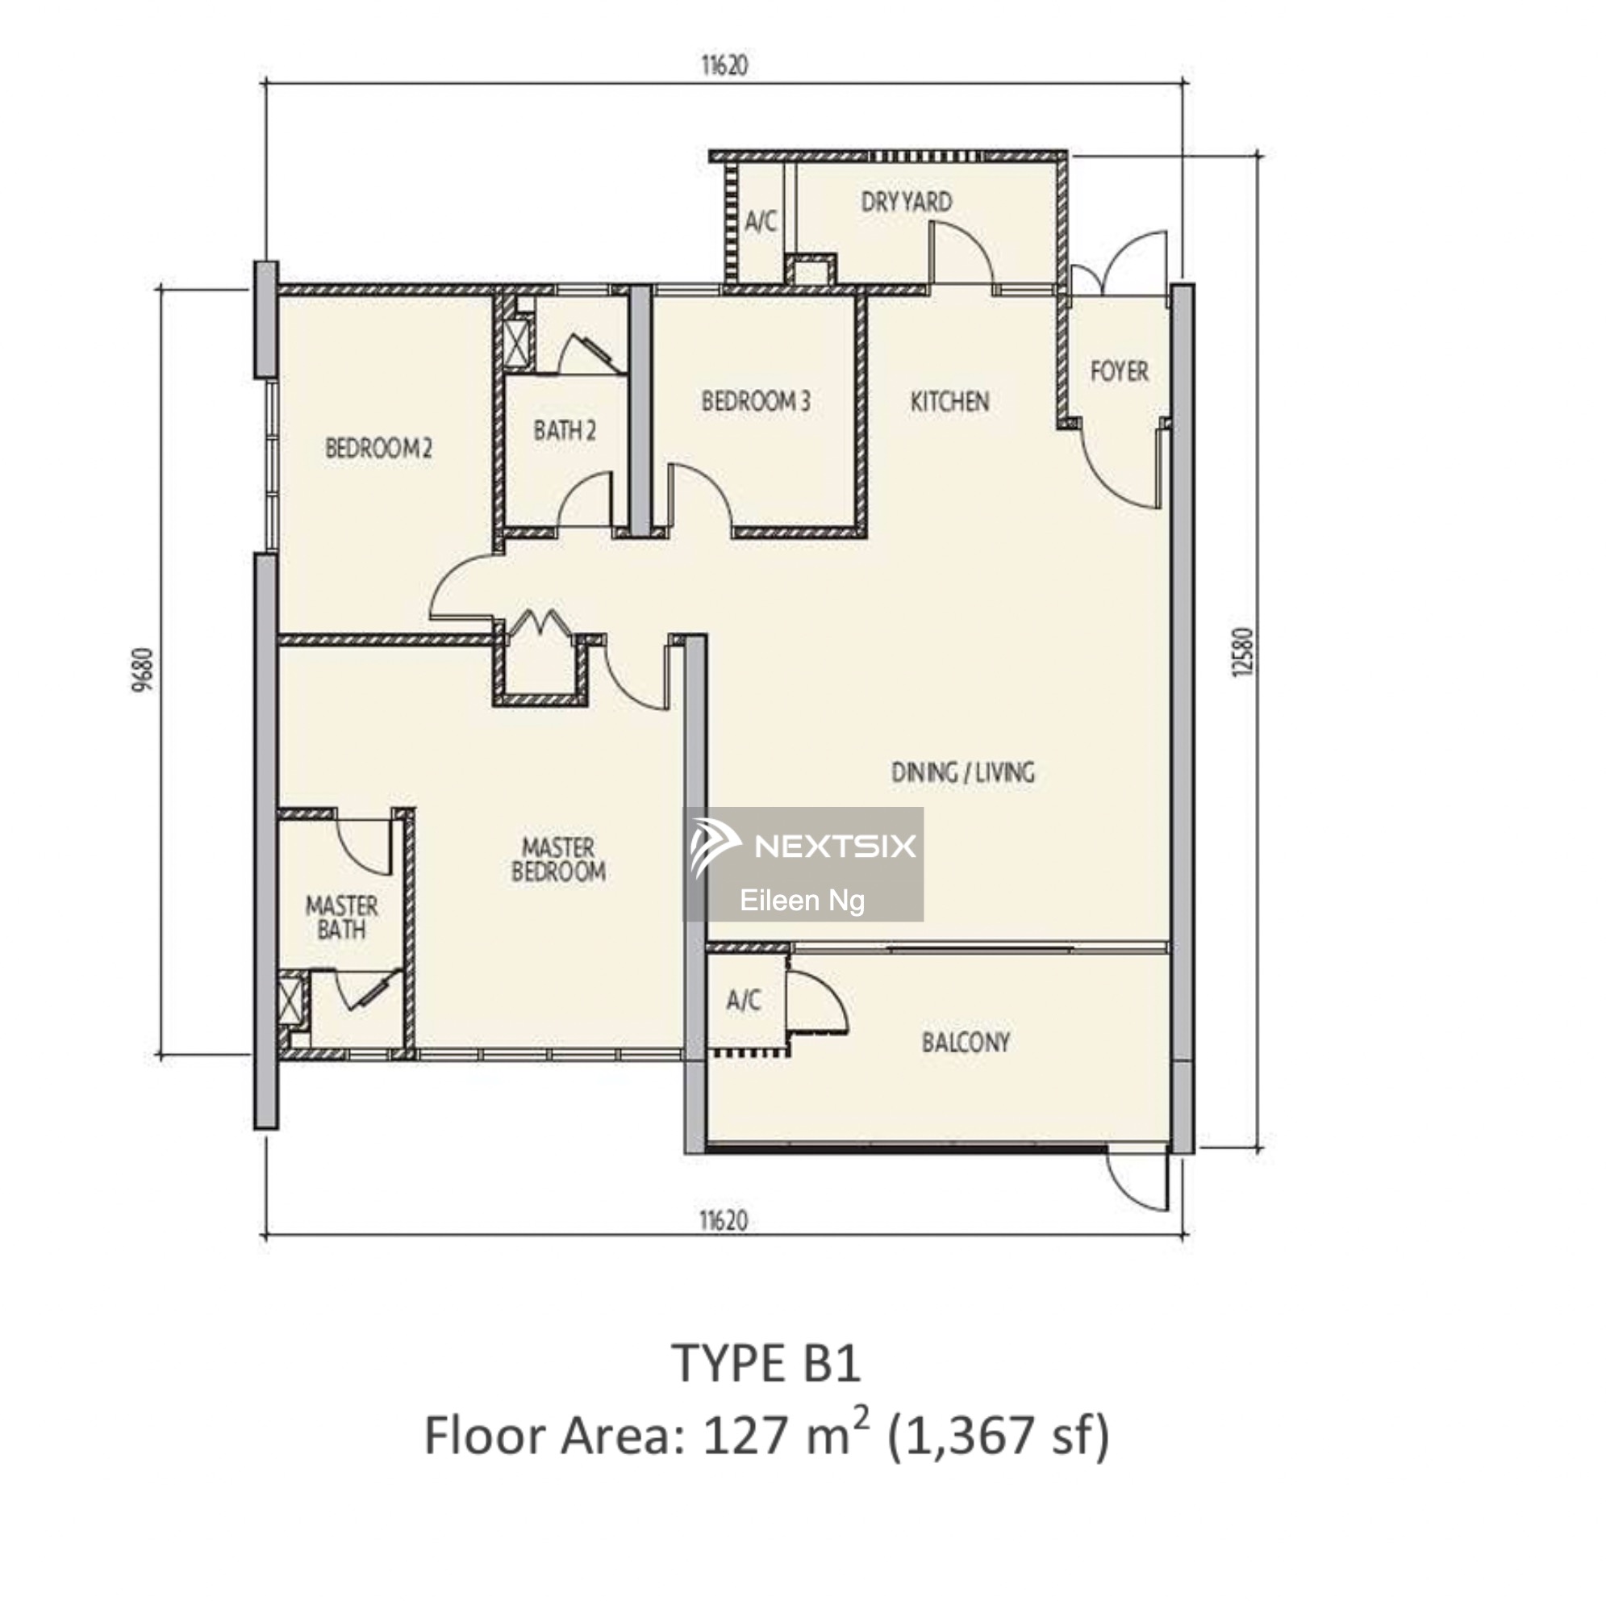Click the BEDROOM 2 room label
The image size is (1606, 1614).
coord(378,449)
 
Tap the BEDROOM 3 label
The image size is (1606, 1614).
coord(756,402)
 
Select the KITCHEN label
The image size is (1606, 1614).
coord(949,402)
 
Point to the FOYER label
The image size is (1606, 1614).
coord(1119,371)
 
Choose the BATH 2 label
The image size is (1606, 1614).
coord(565,431)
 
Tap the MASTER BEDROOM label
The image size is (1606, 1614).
coord(559,859)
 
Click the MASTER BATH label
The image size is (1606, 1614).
coord(341,918)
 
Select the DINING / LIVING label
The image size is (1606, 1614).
coord(963,773)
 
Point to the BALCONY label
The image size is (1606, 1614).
coord(966,1043)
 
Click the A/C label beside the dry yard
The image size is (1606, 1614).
coord(760,222)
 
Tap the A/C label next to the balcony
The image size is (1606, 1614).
coord(743,1000)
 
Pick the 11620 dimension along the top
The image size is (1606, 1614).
coord(724,65)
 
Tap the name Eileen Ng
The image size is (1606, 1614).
coord(802,901)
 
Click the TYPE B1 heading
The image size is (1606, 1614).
coord(765,1364)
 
